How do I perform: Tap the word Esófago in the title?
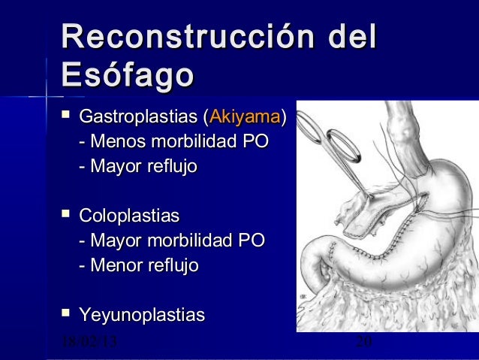coord(128,75)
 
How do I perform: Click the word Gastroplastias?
coord(139,118)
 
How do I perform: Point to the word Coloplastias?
coord(129,217)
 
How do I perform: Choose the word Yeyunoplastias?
coord(143,316)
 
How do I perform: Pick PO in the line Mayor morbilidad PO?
coord(251,241)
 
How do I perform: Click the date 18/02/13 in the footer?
coord(89,345)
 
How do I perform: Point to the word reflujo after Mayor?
coord(170,167)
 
